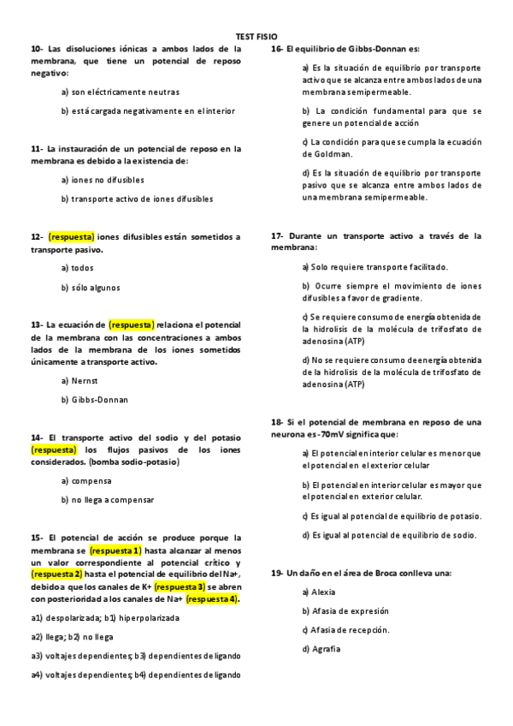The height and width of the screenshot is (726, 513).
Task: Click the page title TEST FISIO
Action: click(256, 38)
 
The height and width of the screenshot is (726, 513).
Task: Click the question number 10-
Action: click(37, 49)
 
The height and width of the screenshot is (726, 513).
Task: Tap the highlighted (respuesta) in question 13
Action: click(132, 324)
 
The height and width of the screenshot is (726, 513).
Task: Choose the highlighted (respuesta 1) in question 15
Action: click(115, 550)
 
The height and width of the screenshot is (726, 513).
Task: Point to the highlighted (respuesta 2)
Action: click(56, 574)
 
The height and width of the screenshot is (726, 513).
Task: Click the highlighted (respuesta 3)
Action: click(180, 586)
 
